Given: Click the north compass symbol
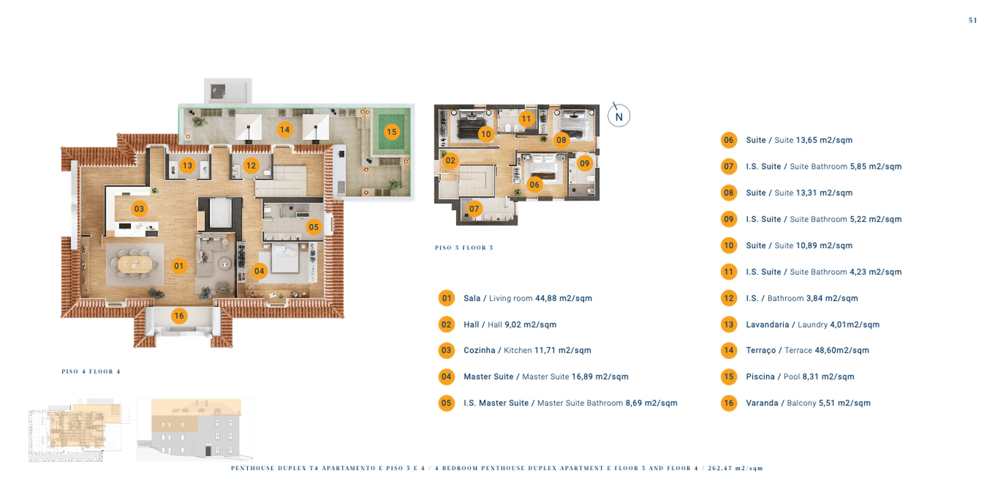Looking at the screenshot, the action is click(x=619, y=116).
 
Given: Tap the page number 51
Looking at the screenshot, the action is click(x=973, y=20).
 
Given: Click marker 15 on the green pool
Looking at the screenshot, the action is click(x=392, y=132).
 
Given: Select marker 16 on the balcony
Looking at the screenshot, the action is click(x=179, y=316).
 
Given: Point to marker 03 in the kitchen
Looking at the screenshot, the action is click(x=139, y=209).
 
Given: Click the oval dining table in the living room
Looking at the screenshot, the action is click(x=134, y=264).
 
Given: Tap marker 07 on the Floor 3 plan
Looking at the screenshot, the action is click(x=474, y=209).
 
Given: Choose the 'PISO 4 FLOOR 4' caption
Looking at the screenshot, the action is click(x=91, y=371).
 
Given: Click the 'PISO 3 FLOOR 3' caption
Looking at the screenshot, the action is click(x=464, y=248).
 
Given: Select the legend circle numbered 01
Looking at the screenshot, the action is click(x=447, y=298).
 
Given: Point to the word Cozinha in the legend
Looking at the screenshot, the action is click(x=479, y=351).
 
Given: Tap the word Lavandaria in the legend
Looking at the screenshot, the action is click(x=767, y=325).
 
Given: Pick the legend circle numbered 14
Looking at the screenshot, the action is click(x=729, y=351).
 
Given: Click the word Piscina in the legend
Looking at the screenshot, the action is click(x=760, y=377).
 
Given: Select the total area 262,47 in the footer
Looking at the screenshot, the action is click(x=720, y=468).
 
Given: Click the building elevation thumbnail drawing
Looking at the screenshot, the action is click(x=195, y=429).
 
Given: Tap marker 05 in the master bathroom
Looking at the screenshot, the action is click(x=314, y=227).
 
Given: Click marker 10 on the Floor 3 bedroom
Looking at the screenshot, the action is click(x=486, y=134).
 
